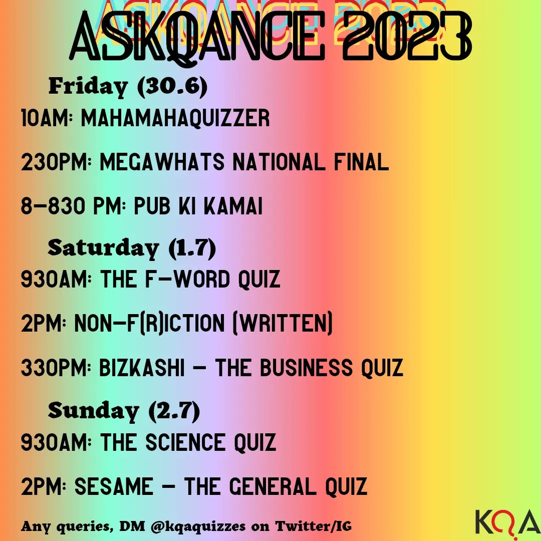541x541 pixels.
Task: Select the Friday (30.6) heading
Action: click(128, 87)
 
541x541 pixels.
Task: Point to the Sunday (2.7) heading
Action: click(124, 411)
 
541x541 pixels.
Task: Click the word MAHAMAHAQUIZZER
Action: click(175, 119)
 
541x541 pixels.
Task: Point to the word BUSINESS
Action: click(314, 369)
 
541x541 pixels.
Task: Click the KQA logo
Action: click(505, 521)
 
